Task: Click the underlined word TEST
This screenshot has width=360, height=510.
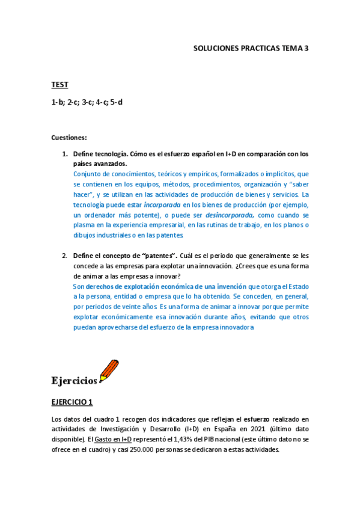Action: tap(59, 85)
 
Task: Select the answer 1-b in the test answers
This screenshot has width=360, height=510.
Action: tap(58, 102)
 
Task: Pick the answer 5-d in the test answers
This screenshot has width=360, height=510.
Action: tap(116, 102)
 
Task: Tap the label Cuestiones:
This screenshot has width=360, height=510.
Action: tap(69, 138)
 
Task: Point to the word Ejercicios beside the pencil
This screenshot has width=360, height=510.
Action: tap(74, 380)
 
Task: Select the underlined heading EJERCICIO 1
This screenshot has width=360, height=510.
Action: tap(72, 402)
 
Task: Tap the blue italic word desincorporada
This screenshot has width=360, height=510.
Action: tap(230, 215)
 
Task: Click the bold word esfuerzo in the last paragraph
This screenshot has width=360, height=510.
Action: tap(261, 419)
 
